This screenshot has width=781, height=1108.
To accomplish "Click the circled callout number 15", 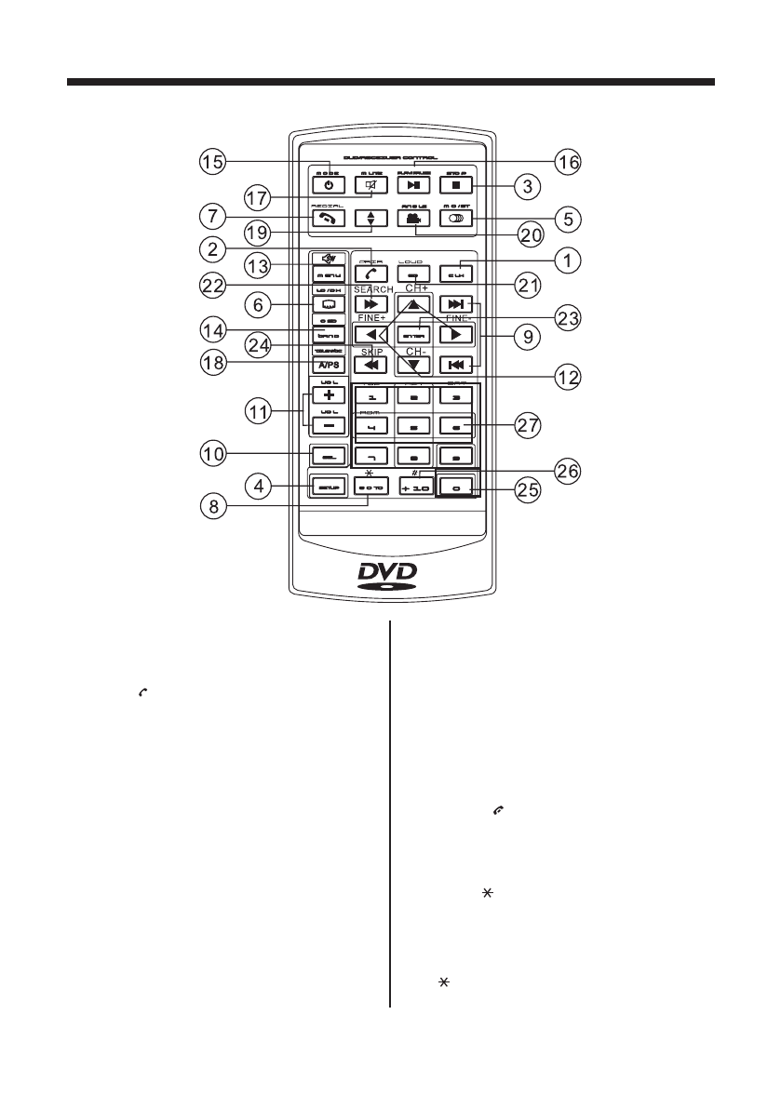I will (215, 162).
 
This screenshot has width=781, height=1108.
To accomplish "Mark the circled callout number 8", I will (215, 509).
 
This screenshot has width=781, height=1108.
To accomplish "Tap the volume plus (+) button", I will (329, 394).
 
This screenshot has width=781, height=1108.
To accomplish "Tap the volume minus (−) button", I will (329, 424).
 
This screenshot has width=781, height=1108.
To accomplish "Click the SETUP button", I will (328, 487).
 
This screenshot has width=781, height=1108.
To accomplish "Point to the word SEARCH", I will (373, 290).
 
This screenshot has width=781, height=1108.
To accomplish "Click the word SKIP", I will (372, 351).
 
